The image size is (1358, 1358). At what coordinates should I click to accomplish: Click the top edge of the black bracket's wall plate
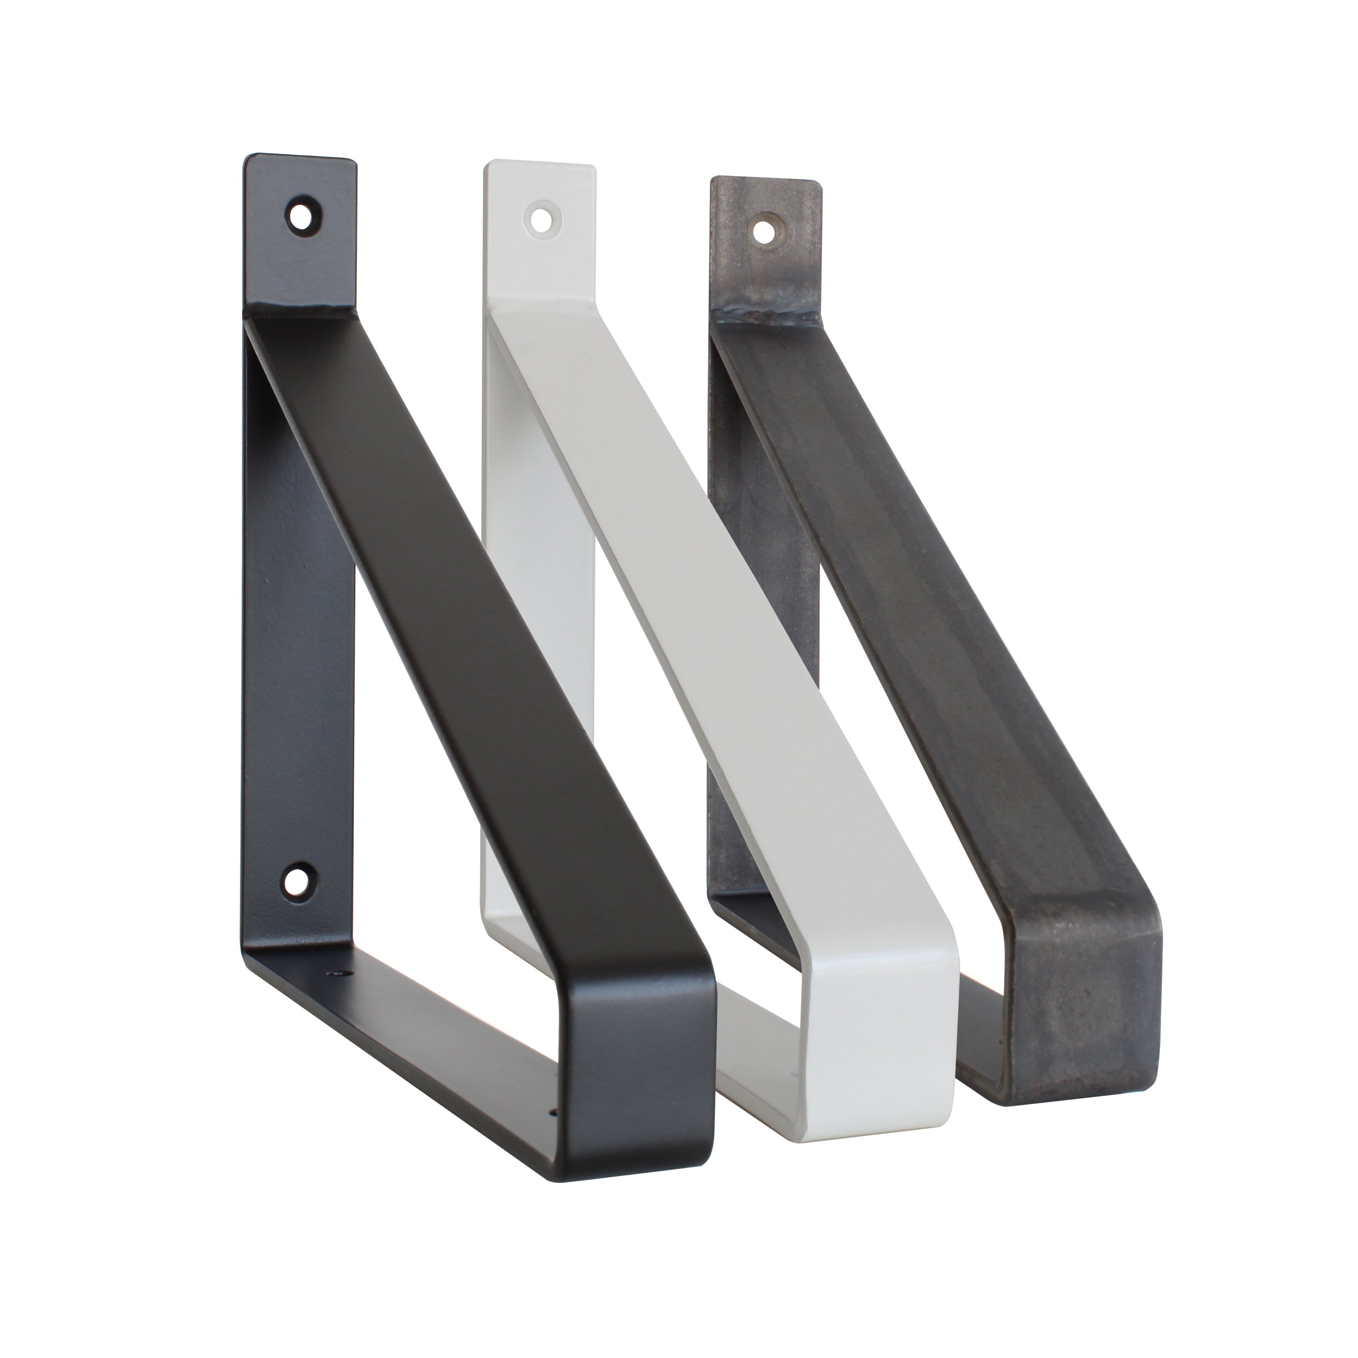[x=301, y=161]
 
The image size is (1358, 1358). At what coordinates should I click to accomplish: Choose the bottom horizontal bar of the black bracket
[x=450, y=1076]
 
